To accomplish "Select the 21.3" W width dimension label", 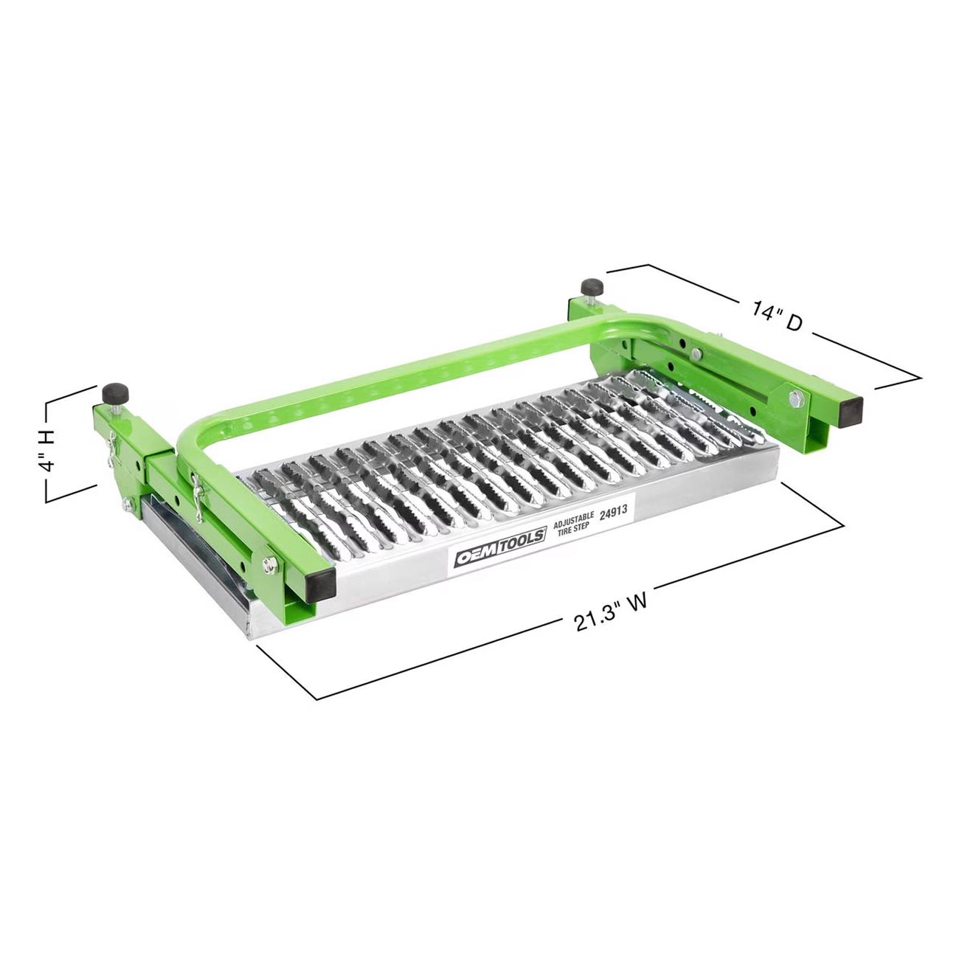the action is pos(611,613).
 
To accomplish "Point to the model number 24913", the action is pos(612,513).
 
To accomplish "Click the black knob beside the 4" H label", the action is pos(115,394).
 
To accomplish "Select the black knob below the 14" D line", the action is pos(592,287).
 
